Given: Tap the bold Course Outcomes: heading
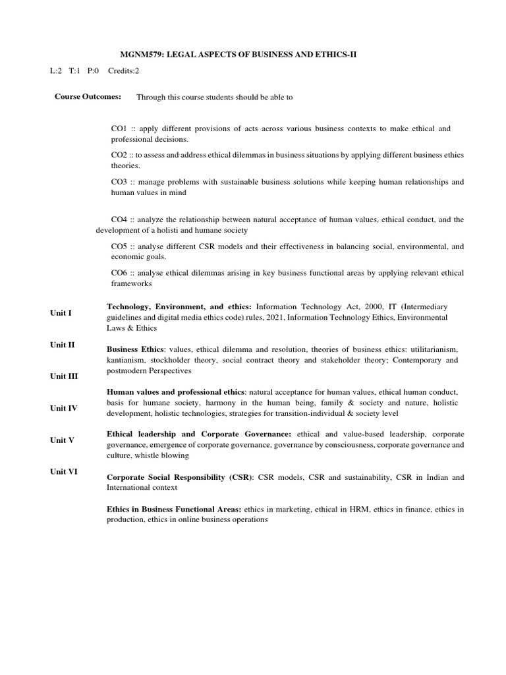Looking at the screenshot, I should click(x=88, y=96).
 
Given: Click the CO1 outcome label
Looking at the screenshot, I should click(x=119, y=129).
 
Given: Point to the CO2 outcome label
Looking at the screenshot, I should click(x=119, y=155).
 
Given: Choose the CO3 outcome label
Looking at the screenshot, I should click(x=119, y=181).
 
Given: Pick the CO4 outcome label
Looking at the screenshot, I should click(x=119, y=219).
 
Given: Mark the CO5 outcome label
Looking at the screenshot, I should click(x=119, y=246).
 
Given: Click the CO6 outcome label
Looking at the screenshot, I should click(x=119, y=272).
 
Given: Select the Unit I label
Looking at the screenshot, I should click(x=61, y=312).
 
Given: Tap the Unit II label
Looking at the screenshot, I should click(x=63, y=344).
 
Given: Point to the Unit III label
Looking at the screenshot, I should click(x=64, y=376).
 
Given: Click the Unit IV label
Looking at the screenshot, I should click(x=64, y=408).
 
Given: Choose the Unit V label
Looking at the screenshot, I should click(x=62, y=440).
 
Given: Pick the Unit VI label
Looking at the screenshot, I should click(x=64, y=471).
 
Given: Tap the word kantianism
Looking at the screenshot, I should click(x=126, y=361).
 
